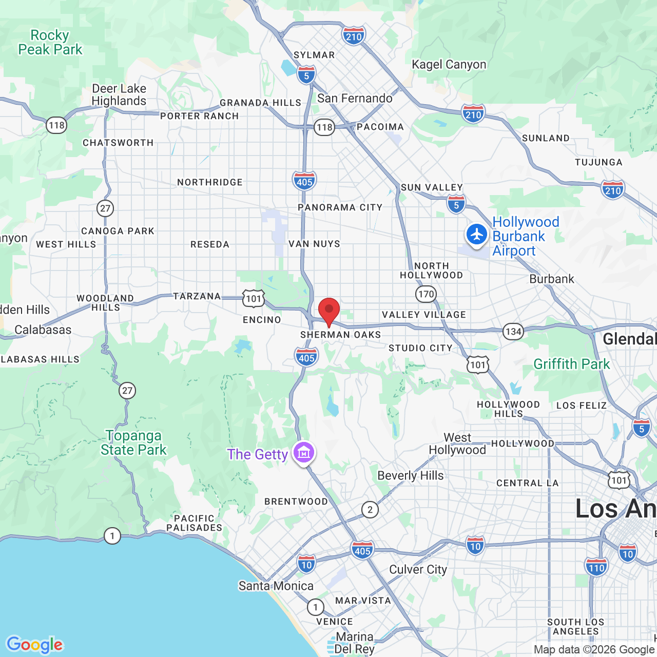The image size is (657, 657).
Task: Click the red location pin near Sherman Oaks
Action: pos(329,311)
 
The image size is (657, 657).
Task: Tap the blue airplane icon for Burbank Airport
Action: pos(477,235)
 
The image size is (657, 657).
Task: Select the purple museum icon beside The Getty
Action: pos(304,453)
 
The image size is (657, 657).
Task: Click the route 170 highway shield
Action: pos(426,294)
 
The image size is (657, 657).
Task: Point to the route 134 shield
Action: pos(513,332)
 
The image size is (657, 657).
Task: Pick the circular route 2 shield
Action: pos(370,510)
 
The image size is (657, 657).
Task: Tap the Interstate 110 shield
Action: pos(596,568)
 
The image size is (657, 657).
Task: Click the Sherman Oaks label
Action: pos(341,335)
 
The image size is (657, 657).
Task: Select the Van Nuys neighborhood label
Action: pos(314,244)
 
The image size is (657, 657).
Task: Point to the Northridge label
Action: pos(210,182)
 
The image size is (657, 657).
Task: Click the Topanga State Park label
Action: pos(133,442)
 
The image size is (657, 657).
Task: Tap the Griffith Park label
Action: pos(572,364)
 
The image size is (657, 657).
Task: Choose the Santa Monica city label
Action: pos(276,586)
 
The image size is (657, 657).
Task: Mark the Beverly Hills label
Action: pos(411,475)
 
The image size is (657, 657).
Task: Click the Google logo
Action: pos(35,645)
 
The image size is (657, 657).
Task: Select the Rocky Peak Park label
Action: pos(50,43)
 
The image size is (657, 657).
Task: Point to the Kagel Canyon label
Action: pos(449,64)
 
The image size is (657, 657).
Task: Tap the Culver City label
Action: pos(418,569)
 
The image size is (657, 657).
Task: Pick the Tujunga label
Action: pos(598,162)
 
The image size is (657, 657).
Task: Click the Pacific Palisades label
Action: pos(195,523)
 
